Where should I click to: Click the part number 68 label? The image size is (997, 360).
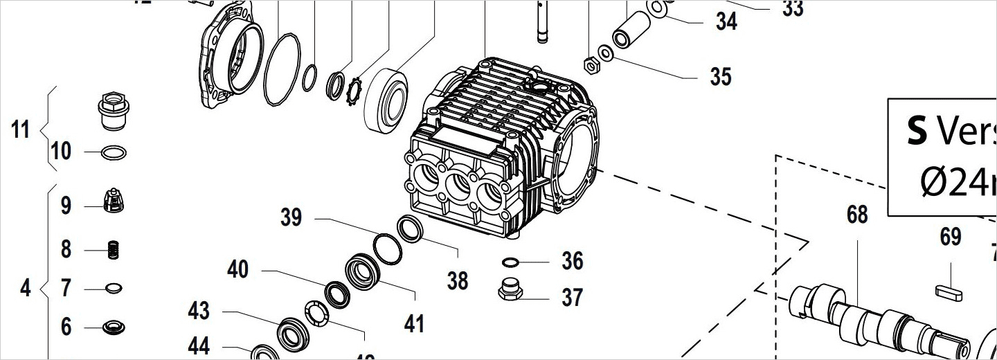coord(857,215)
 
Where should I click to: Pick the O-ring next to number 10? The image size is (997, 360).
coord(114,152)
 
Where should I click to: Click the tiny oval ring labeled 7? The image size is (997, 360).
coord(113,287)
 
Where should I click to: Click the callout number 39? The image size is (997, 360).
coord(291,217)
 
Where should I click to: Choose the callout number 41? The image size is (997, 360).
coord(414,323)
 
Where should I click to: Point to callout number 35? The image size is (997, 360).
coord(720,76)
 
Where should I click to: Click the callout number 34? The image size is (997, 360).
coord(726,21)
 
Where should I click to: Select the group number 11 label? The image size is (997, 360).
coord(21,129)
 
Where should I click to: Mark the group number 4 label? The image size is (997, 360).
coord(25,288)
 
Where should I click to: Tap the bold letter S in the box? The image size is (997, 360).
coord(917,132)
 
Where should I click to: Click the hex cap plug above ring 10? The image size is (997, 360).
coord(113,113)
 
